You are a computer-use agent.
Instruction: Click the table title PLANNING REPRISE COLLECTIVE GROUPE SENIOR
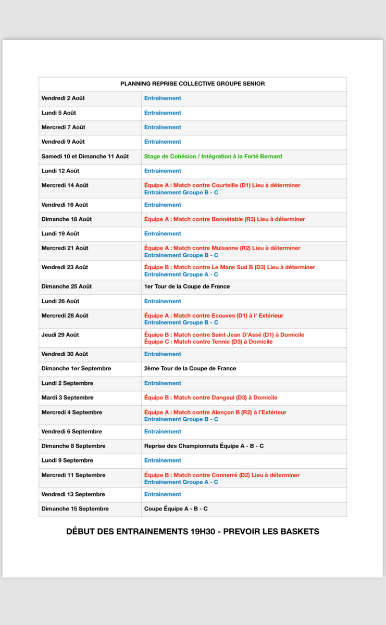click(x=192, y=84)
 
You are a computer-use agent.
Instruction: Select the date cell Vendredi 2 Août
click(x=63, y=98)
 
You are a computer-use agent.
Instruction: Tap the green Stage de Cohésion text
click(x=213, y=156)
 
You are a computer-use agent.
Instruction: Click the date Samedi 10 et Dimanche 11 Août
click(x=85, y=156)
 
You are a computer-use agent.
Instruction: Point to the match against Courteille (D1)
click(x=222, y=185)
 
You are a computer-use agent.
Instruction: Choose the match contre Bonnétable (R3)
click(x=225, y=219)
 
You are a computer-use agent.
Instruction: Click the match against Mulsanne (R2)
click(x=222, y=248)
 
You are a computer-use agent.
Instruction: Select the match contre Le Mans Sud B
click(x=229, y=267)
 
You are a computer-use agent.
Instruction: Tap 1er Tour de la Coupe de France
click(x=187, y=286)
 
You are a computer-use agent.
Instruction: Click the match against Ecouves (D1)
click(x=214, y=316)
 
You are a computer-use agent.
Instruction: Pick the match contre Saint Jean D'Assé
click(x=224, y=335)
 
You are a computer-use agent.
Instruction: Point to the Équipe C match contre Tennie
click(x=208, y=342)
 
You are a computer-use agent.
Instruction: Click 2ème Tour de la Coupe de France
click(x=190, y=369)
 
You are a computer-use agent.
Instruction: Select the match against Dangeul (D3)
click(x=210, y=397)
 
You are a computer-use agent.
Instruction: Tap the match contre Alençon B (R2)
click(x=215, y=413)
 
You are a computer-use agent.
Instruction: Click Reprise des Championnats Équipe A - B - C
click(x=204, y=446)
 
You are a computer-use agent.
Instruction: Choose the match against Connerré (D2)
click(x=222, y=475)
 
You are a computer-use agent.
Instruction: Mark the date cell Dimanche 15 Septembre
click(x=75, y=509)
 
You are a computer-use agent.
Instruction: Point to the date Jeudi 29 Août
click(x=60, y=335)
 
